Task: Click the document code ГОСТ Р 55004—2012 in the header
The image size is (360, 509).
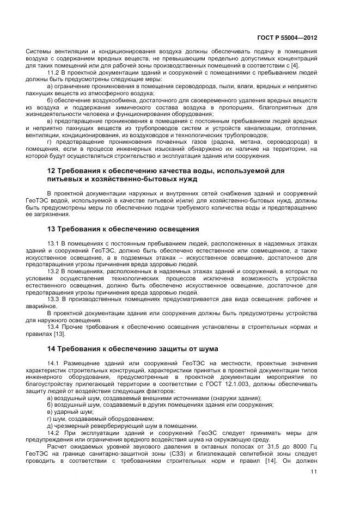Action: (286, 39)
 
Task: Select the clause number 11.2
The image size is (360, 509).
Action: (54, 72)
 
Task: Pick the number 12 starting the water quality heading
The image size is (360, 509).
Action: (52, 171)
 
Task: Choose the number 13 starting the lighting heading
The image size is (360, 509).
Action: (52, 229)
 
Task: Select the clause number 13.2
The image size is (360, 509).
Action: (54, 271)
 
